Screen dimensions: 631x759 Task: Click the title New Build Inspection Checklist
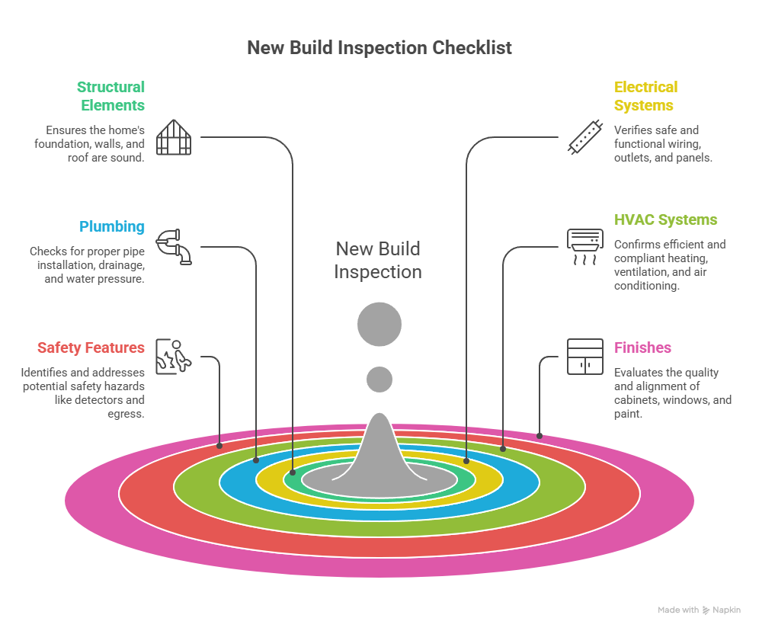379,47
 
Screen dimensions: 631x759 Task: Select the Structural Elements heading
110,96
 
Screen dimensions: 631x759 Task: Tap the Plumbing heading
112,226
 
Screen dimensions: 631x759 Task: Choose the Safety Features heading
91,348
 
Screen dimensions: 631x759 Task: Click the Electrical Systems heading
645,96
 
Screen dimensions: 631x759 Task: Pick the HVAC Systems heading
665,219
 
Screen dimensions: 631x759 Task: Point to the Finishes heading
642,348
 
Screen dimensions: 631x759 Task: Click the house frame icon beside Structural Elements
174,138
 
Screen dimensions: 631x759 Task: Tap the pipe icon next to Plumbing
174,246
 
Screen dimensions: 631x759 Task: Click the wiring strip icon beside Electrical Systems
585,138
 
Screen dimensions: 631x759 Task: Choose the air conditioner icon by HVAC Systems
585,246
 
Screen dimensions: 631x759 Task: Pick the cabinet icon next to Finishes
585,356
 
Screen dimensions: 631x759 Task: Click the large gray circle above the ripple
379,324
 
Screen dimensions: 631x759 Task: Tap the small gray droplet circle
379,379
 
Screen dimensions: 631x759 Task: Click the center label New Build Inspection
378,260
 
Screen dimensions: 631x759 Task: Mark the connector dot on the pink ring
540,436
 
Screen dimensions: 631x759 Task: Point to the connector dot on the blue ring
256,460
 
